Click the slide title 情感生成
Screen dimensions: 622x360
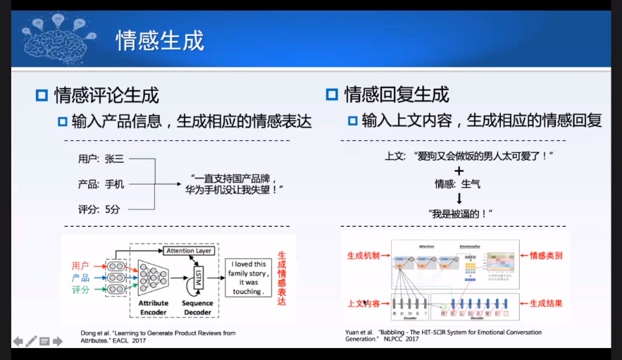click(160, 40)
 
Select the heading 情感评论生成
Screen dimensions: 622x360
click(106, 94)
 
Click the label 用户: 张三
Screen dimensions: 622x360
click(101, 159)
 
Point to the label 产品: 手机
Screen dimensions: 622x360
click(101, 184)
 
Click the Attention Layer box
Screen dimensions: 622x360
click(189, 251)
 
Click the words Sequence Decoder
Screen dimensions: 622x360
click(198, 307)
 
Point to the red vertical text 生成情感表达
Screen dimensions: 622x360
click(282, 278)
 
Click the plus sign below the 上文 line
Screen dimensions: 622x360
click(459, 170)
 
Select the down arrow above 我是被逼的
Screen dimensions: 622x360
click(459, 199)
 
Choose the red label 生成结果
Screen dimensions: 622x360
click(546, 303)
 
